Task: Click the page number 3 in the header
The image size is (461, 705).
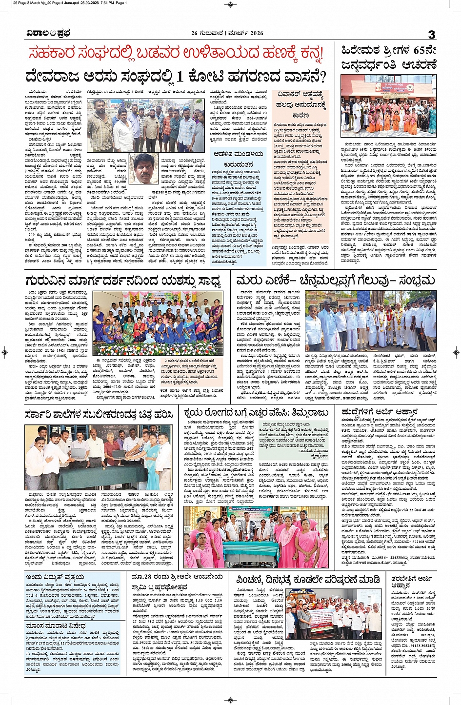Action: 431,34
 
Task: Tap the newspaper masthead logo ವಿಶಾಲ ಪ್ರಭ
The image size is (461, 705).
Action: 48,33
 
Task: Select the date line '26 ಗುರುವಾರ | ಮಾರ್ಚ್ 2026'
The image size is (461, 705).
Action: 227,33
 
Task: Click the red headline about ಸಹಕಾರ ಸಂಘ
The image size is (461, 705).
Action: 176,53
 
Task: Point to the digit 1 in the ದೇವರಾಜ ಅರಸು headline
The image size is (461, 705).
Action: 180,77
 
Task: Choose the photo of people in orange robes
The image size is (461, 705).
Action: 388,106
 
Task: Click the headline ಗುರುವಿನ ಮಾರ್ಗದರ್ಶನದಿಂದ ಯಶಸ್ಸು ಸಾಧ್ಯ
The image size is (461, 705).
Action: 124,282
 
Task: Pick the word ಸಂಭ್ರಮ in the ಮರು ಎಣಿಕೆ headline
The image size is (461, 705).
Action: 416,281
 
